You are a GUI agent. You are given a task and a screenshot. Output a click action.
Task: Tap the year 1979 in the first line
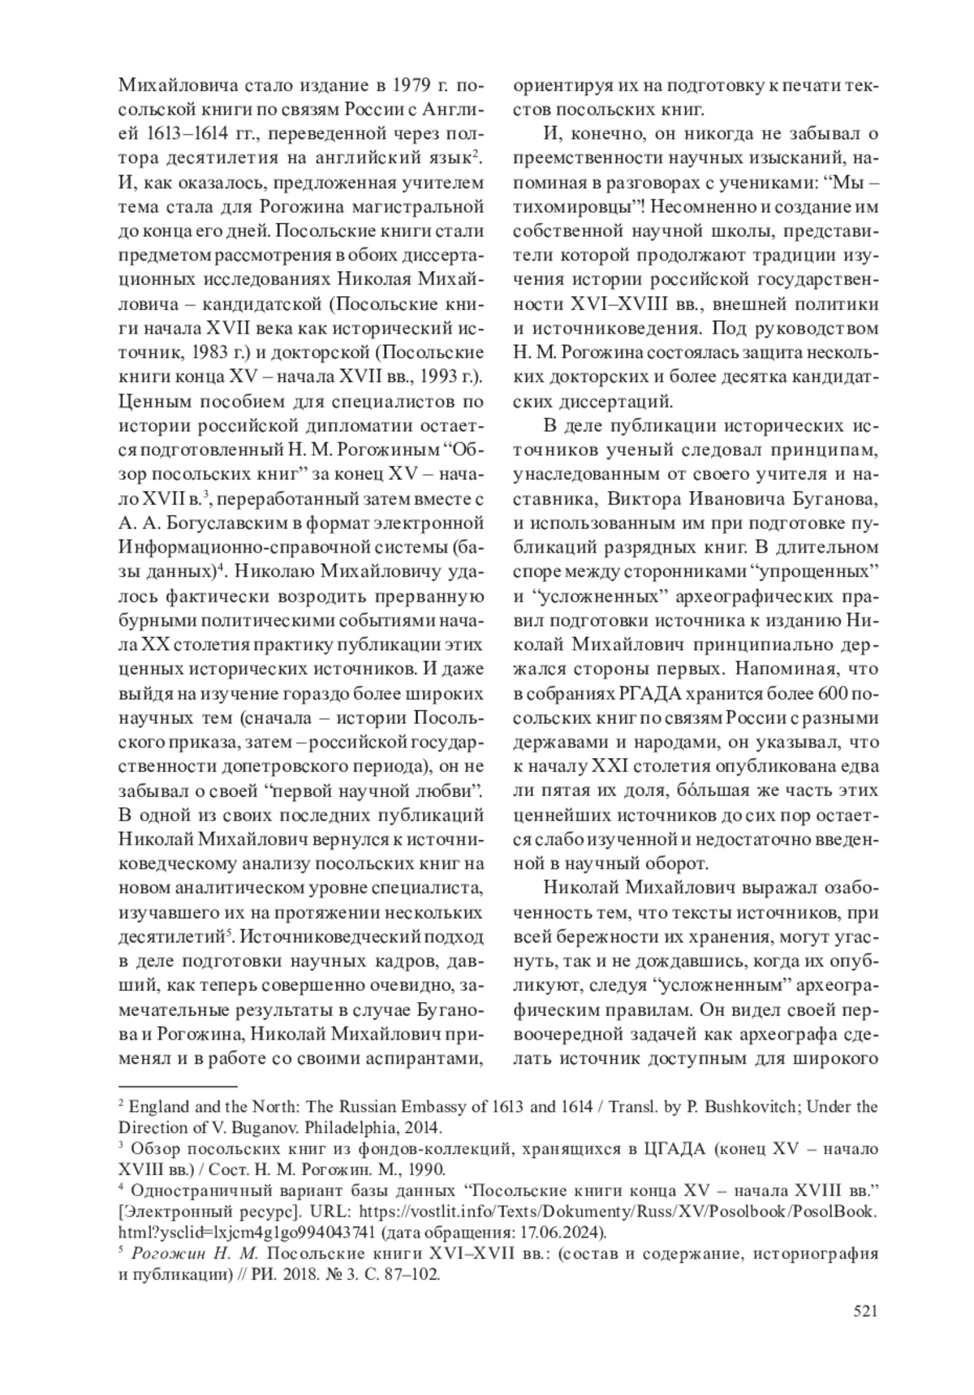point(402,85)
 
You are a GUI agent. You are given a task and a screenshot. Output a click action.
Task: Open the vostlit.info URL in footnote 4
point(617,1212)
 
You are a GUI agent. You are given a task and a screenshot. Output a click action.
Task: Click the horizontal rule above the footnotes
point(178,1085)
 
